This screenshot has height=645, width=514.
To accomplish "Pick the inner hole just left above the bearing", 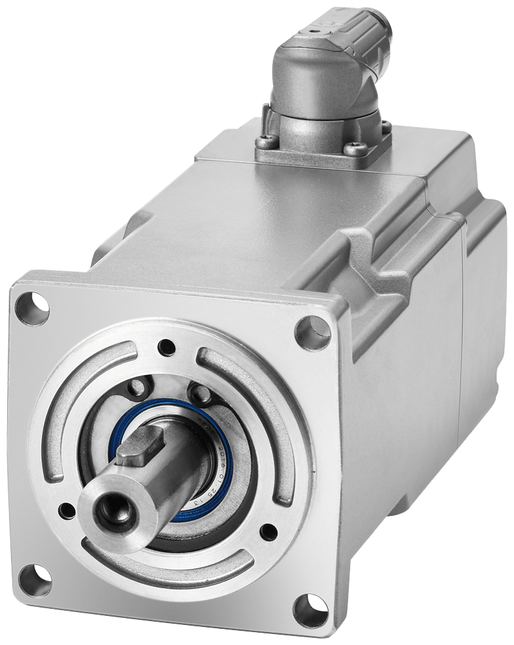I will [x=137, y=387].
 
